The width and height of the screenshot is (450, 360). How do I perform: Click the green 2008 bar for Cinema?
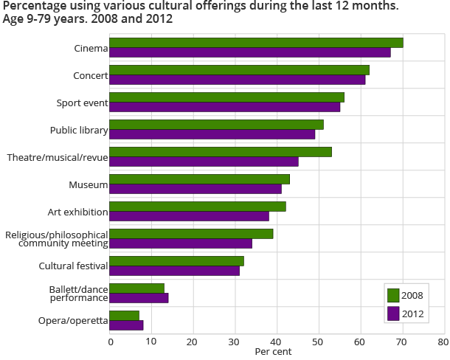(x=256, y=43)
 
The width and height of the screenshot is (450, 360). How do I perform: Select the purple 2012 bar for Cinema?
(x=250, y=52)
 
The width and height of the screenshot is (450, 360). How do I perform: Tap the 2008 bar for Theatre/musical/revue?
(x=221, y=152)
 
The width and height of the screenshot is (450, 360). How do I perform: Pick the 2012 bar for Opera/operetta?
(x=126, y=325)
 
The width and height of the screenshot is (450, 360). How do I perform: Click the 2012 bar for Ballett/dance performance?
(x=139, y=298)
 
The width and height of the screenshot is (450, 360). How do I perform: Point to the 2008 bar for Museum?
(x=199, y=179)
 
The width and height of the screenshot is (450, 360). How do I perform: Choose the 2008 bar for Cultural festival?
(x=176, y=261)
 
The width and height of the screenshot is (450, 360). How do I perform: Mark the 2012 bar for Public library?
(x=212, y=134)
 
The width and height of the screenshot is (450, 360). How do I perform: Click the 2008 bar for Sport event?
(x=226, y=97)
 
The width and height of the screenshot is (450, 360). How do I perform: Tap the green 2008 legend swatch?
(x=393, y=296)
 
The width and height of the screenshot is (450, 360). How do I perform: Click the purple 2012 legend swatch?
(x=393, y=314)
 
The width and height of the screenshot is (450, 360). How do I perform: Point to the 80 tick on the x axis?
(x=443, y=342)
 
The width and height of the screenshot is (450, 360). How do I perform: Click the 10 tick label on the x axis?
(x=151, y=342)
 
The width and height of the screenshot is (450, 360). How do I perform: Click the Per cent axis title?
(x=273, y=352)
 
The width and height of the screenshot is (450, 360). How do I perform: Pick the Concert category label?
(x=91, y=75)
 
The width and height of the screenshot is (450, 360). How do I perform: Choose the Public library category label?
(x=79, y=130)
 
